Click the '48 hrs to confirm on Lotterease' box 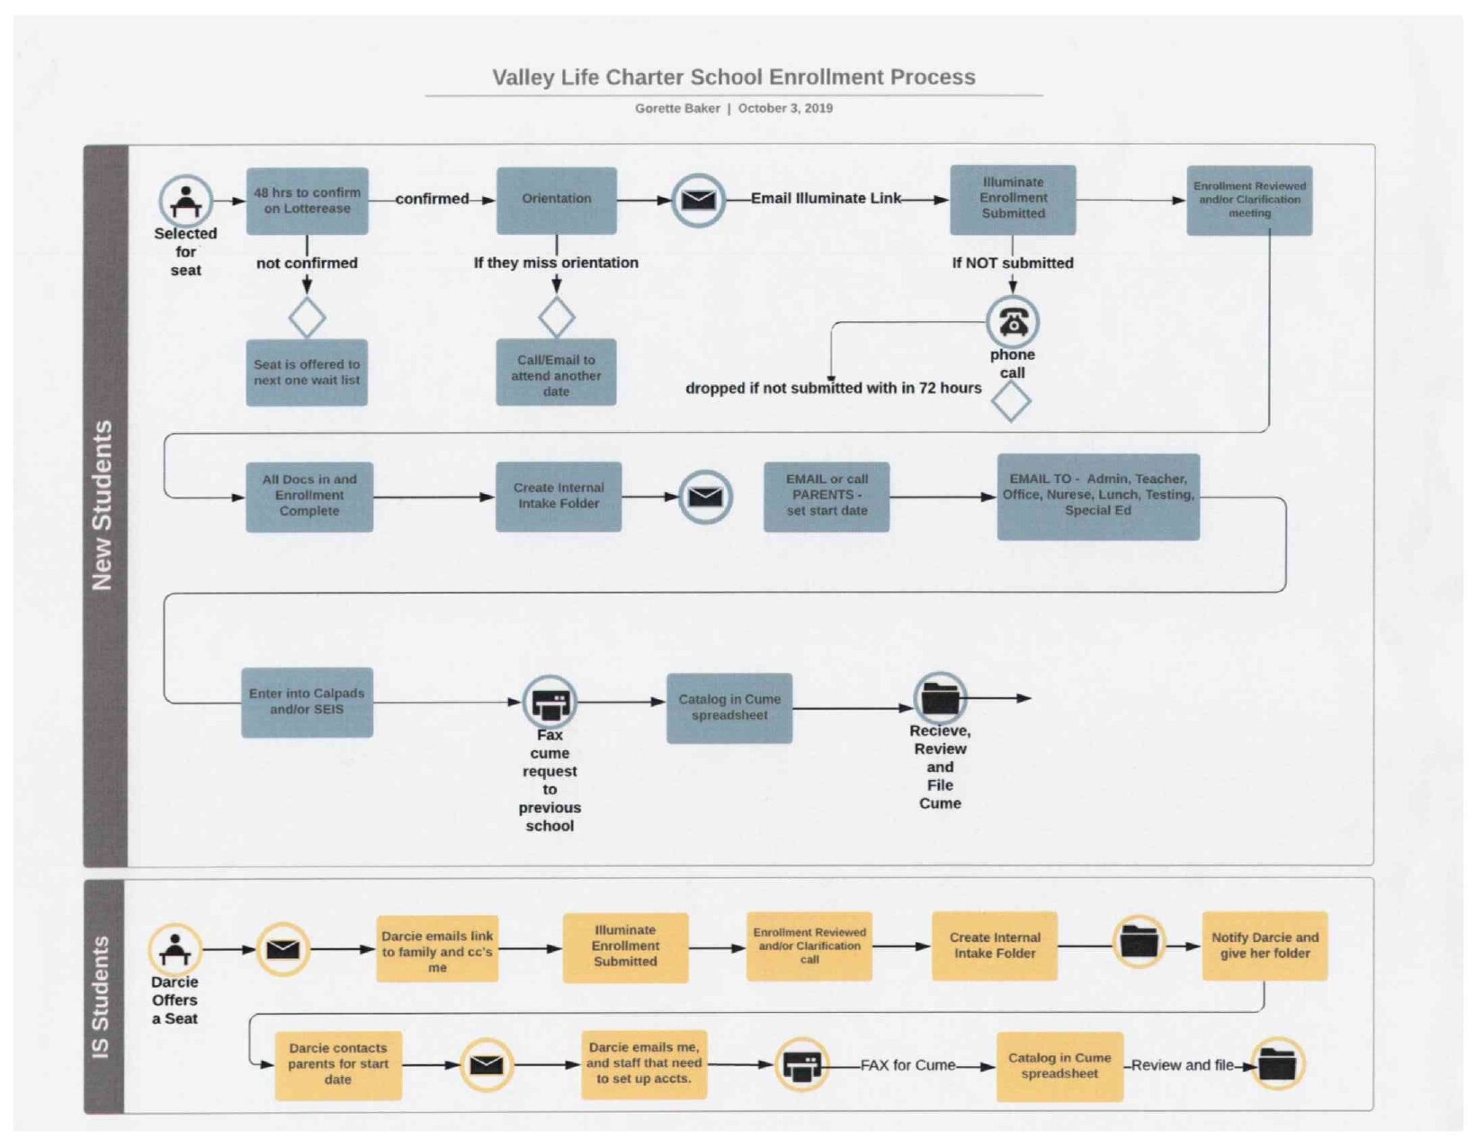tap(308, 201)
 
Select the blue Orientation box tap(557, 200)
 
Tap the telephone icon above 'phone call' tap(1013, 322)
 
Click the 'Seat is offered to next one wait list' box tap(307, 372)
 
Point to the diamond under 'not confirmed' tap(308, 318)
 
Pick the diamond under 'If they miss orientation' tap(557, 317)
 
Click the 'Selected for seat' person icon tap(186, 201)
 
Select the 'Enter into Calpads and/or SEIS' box tap(308, 703)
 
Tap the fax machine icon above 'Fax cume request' tap(550, 703)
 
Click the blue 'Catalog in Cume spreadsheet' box tap(729, 708)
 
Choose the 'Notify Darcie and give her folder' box tap(1265, 945)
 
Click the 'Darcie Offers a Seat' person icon tap(174, 950)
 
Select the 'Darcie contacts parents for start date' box tap(338, 1065)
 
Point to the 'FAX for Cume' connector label tap(907, 1065)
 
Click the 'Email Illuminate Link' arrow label tap(827, 198)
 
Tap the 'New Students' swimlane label tap(102, 505)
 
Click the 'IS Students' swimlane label tap(101, 997)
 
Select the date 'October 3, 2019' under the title tap(785, 108)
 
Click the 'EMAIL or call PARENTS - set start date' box tap(827, 497)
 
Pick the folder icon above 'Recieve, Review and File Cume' tap(941, 698)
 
